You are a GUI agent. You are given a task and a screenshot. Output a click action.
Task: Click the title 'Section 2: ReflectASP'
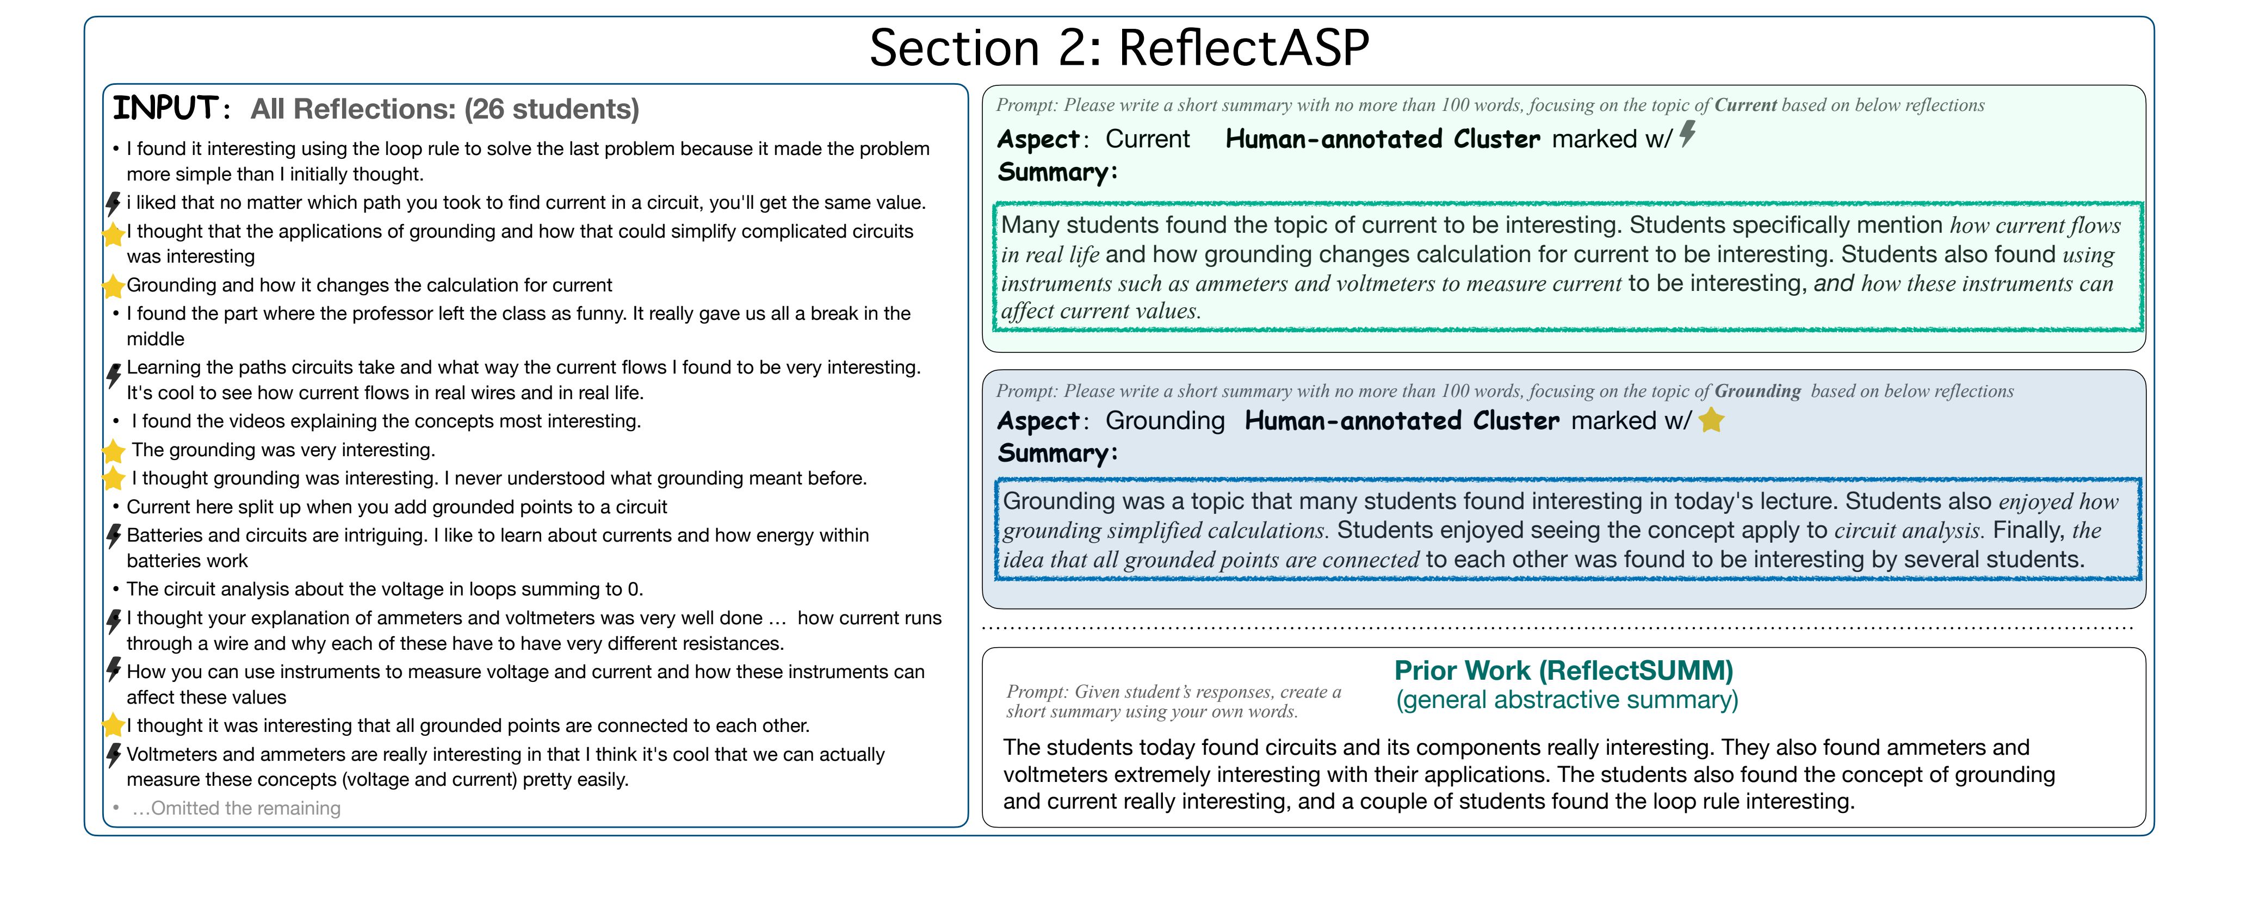click(x=1119, y=47)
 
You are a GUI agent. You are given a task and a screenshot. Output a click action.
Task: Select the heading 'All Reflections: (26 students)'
click(x=445, y=109)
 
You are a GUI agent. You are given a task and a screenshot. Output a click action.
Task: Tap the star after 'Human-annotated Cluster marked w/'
click(x=1711, y=420)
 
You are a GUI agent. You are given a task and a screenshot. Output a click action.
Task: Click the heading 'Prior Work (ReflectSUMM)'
click(x=1564, y=670)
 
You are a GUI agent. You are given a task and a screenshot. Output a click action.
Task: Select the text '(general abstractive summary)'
click(x=1567, y=700)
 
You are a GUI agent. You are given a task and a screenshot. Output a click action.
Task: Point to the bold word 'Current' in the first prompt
click(x=1745, y=105)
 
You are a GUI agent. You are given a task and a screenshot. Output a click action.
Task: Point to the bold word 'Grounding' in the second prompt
click(x=1757, y=392)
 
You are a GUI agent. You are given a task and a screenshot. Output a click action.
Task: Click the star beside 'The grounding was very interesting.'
click(x=113, y=451)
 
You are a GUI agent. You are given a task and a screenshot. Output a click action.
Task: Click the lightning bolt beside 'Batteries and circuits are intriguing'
click(x=113, y=536)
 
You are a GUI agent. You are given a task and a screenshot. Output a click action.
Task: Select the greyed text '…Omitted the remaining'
click(x=236, y=809)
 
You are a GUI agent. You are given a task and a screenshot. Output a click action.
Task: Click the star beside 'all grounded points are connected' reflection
click(x=113, y=725)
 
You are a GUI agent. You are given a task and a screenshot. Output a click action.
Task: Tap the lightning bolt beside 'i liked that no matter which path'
click(x=113, y=203)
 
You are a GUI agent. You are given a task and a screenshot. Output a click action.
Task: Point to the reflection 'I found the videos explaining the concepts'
click(x=386, y=421)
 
